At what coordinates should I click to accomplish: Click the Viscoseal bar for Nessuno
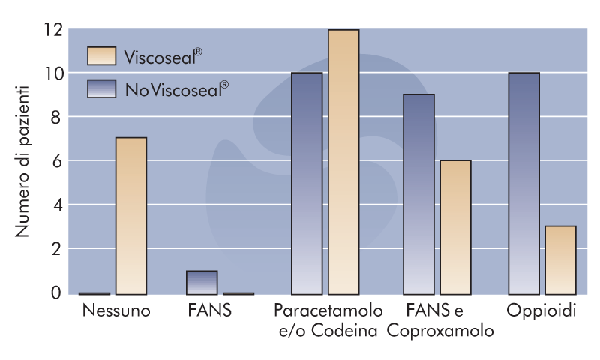131,216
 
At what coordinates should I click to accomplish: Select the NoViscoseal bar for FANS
202,283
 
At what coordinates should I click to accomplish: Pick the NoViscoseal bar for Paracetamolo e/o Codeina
307,183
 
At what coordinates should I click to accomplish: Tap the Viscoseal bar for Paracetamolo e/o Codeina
343,162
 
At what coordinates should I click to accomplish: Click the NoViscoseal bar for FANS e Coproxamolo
418,194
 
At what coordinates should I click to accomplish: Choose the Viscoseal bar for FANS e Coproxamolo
455,227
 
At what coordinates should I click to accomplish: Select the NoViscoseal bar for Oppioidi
523,183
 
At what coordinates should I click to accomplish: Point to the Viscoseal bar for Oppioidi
560,259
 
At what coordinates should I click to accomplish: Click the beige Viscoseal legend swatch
101,56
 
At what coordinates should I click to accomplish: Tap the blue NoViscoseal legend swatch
101,88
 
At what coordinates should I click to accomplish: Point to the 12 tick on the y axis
52,30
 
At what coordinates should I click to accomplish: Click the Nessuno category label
117,310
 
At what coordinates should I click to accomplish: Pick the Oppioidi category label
541,310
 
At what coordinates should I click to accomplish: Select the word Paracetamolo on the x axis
328,310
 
